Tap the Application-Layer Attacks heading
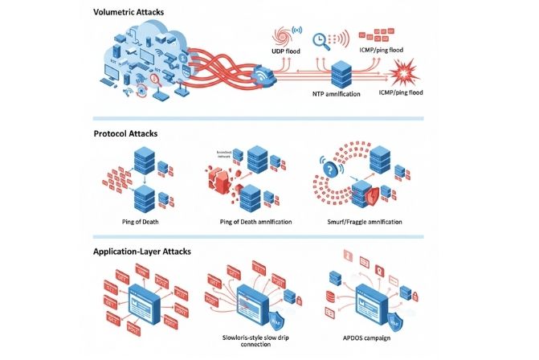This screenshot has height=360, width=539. [x=143, y=252]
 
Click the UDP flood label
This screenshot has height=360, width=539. [x=286, y=51]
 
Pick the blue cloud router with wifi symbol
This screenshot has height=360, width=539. [x=262, y=76]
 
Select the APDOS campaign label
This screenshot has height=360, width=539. [x=361, y=335]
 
